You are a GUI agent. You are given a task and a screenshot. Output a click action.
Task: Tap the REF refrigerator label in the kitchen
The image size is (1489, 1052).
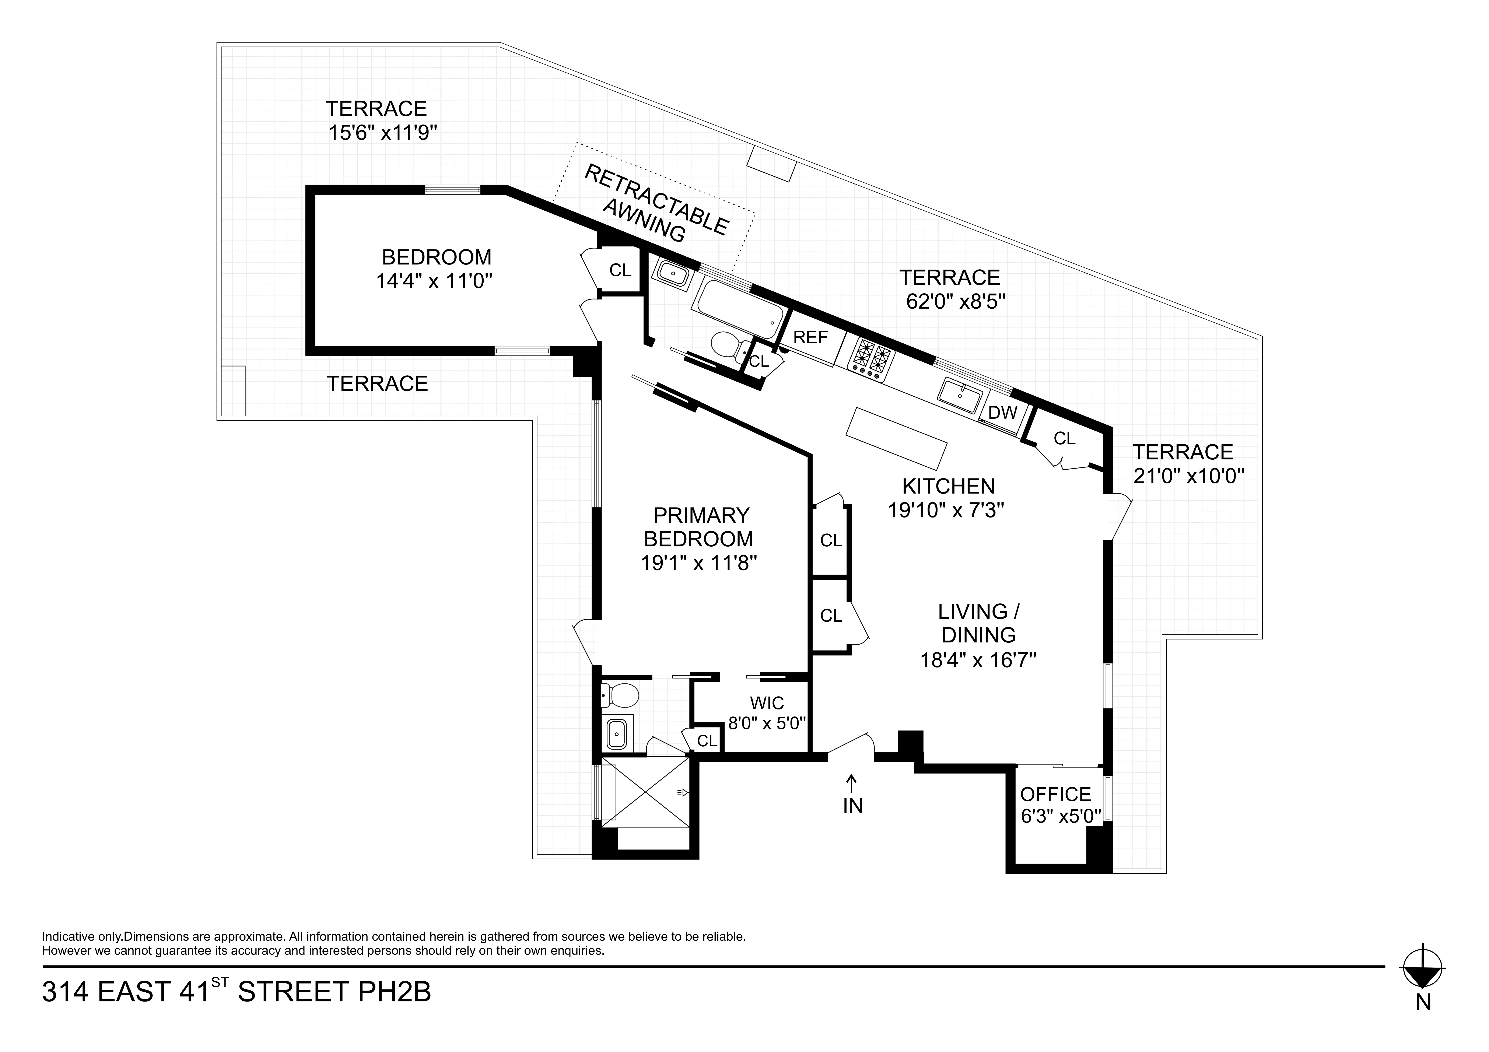coord(811,337)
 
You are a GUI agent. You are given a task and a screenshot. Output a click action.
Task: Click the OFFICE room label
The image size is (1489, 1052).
coord(1055,795)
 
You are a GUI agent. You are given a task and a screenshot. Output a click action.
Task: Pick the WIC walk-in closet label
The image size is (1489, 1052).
coord(767,703)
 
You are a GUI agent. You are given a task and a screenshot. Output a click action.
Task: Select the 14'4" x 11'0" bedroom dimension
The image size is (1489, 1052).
coord(435,281)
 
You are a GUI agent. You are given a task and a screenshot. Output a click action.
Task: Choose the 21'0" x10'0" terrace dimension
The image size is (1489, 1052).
coord(1188,477)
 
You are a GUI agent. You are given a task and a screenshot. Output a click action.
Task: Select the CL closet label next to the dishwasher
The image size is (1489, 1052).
coord(1064,439)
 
